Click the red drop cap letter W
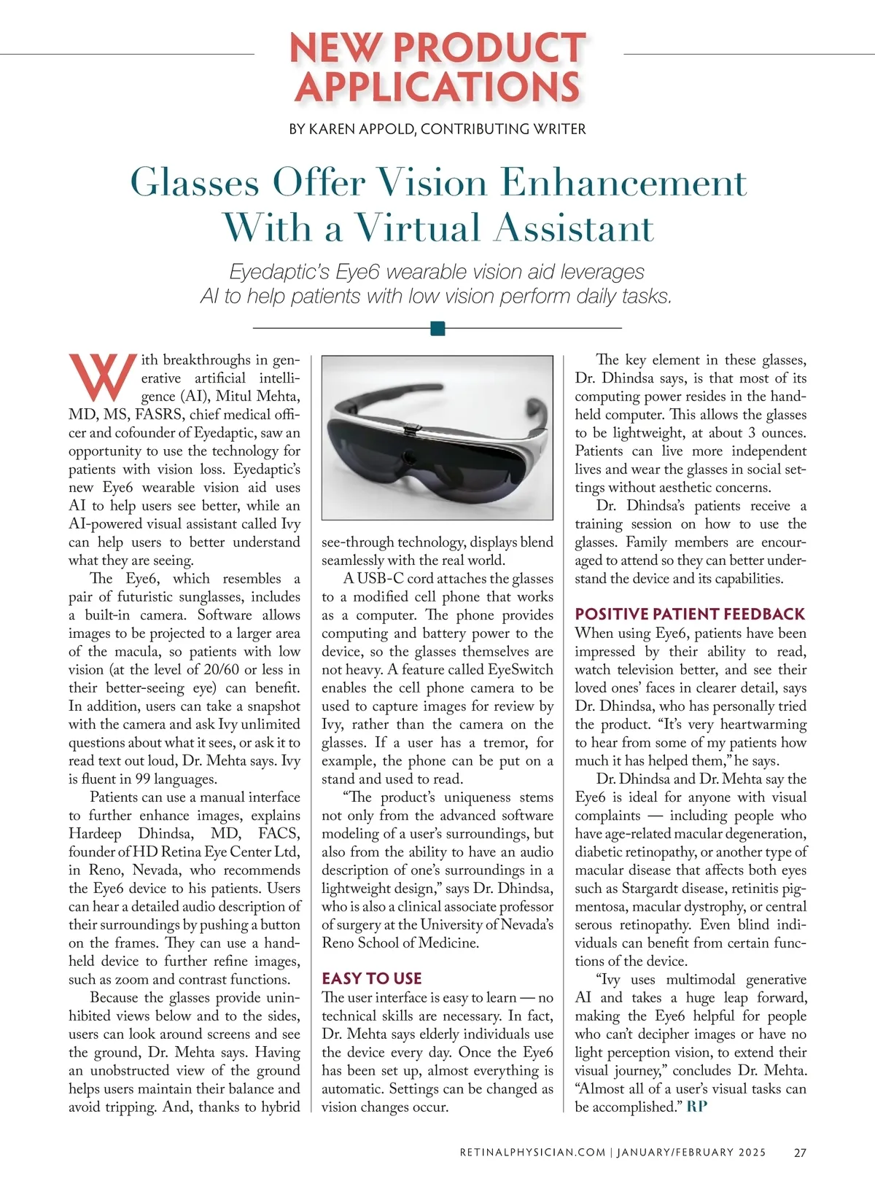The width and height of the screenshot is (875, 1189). tap(103, 377)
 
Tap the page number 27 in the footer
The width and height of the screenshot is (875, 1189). tap(800, 1153)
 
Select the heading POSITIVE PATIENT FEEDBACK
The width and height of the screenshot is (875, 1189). tap(690, 614)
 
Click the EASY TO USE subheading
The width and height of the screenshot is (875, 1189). tap(372, 978)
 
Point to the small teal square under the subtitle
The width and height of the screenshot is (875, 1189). tap(437, 328)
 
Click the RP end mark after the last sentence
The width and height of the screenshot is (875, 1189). tap(697, 1107)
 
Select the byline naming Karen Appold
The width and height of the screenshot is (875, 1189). tap(437, 129)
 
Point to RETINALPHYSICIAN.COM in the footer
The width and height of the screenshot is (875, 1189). tap(532, 1153)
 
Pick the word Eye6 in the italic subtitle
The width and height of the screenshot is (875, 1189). tap(358, 272)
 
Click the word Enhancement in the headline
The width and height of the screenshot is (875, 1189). tap(624, 182)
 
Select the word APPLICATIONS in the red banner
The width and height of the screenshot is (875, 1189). tap(437, 87)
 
